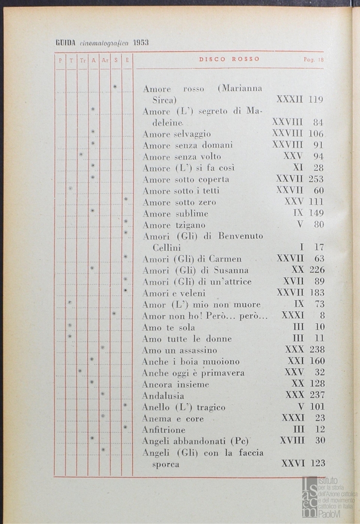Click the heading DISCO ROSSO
pyautogui.click(x=229, y=59)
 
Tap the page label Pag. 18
pyautogui.click(x=313, y=60)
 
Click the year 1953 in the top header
pyautogui.click(x=141, y=43)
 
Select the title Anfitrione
pyautogui.click(x=164, y=430)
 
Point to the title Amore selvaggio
pyautogui.click(x=177, y=134)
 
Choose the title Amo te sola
pyautogui.click(x=168, y=327)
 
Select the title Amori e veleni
pyautogui.click(x=174, y=293)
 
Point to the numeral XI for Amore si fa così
pyautogui.click(x=298, y=168)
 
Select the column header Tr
pyautogui.click(x=82, y=60)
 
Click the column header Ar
pyautogui.click(x=105, y=60)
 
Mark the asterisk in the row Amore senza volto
pyautogui.click(x=81, y=155)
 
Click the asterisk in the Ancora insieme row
pyautogui.click(x=92, y=382)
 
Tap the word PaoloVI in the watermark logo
pyautogui.click(x=330, y=513)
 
